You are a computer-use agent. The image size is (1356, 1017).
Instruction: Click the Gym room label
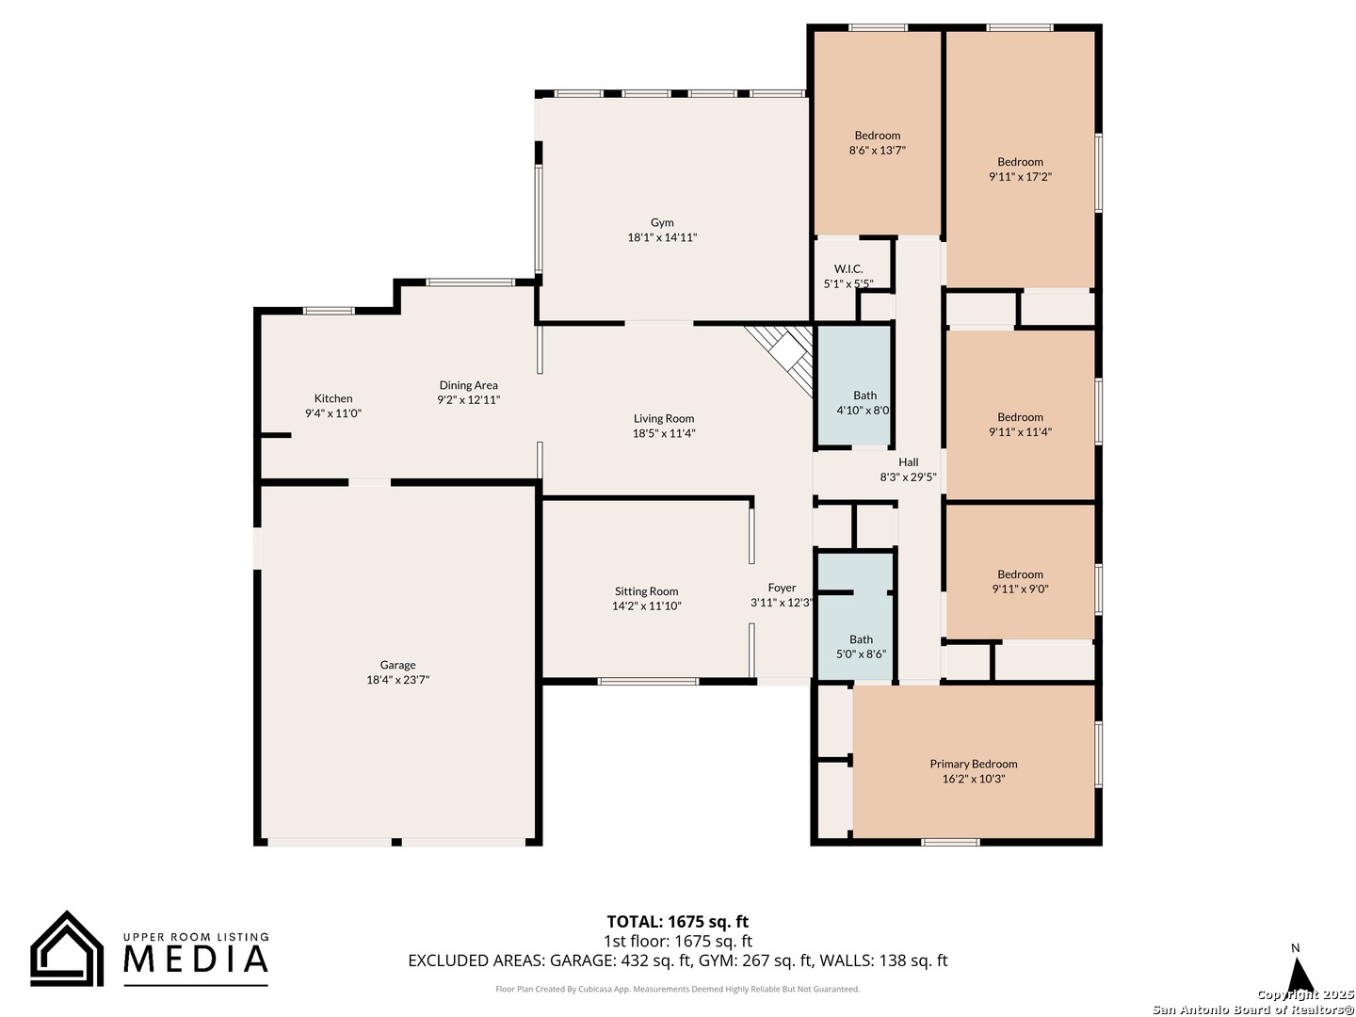coord(662,222)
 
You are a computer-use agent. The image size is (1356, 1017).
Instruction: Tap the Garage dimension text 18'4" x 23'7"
coord(397,680)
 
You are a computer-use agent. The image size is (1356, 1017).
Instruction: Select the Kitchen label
coord(333,398)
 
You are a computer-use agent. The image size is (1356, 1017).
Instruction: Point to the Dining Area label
coord(468,385)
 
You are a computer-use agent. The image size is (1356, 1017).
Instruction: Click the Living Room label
coord(664,419)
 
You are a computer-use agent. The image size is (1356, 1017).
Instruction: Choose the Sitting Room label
coord(646,591)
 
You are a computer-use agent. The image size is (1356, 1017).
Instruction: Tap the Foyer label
coord(782,588)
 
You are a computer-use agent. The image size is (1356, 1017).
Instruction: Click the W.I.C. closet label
coord(848,268)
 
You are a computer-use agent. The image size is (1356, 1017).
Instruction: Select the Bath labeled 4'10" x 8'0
coord(864,395)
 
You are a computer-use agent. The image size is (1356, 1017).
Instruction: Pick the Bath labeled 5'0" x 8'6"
coord(861,639)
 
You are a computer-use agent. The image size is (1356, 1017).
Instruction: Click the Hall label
coord(908,461)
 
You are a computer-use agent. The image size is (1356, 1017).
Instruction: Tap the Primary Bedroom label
coord(974,764)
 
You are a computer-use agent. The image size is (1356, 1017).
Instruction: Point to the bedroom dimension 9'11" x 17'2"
coord(1020,177)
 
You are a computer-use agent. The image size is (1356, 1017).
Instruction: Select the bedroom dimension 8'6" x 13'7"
coord(878,150)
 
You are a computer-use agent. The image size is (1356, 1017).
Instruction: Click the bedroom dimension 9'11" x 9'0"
coord(1020,589)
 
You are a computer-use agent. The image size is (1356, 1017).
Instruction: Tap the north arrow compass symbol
coord(1299,974)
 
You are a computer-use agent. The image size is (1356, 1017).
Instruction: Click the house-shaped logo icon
coord(67,949)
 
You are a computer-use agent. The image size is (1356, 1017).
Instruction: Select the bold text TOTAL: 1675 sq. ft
coord(677,922)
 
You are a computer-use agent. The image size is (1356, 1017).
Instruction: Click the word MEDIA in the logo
coord(196,959)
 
